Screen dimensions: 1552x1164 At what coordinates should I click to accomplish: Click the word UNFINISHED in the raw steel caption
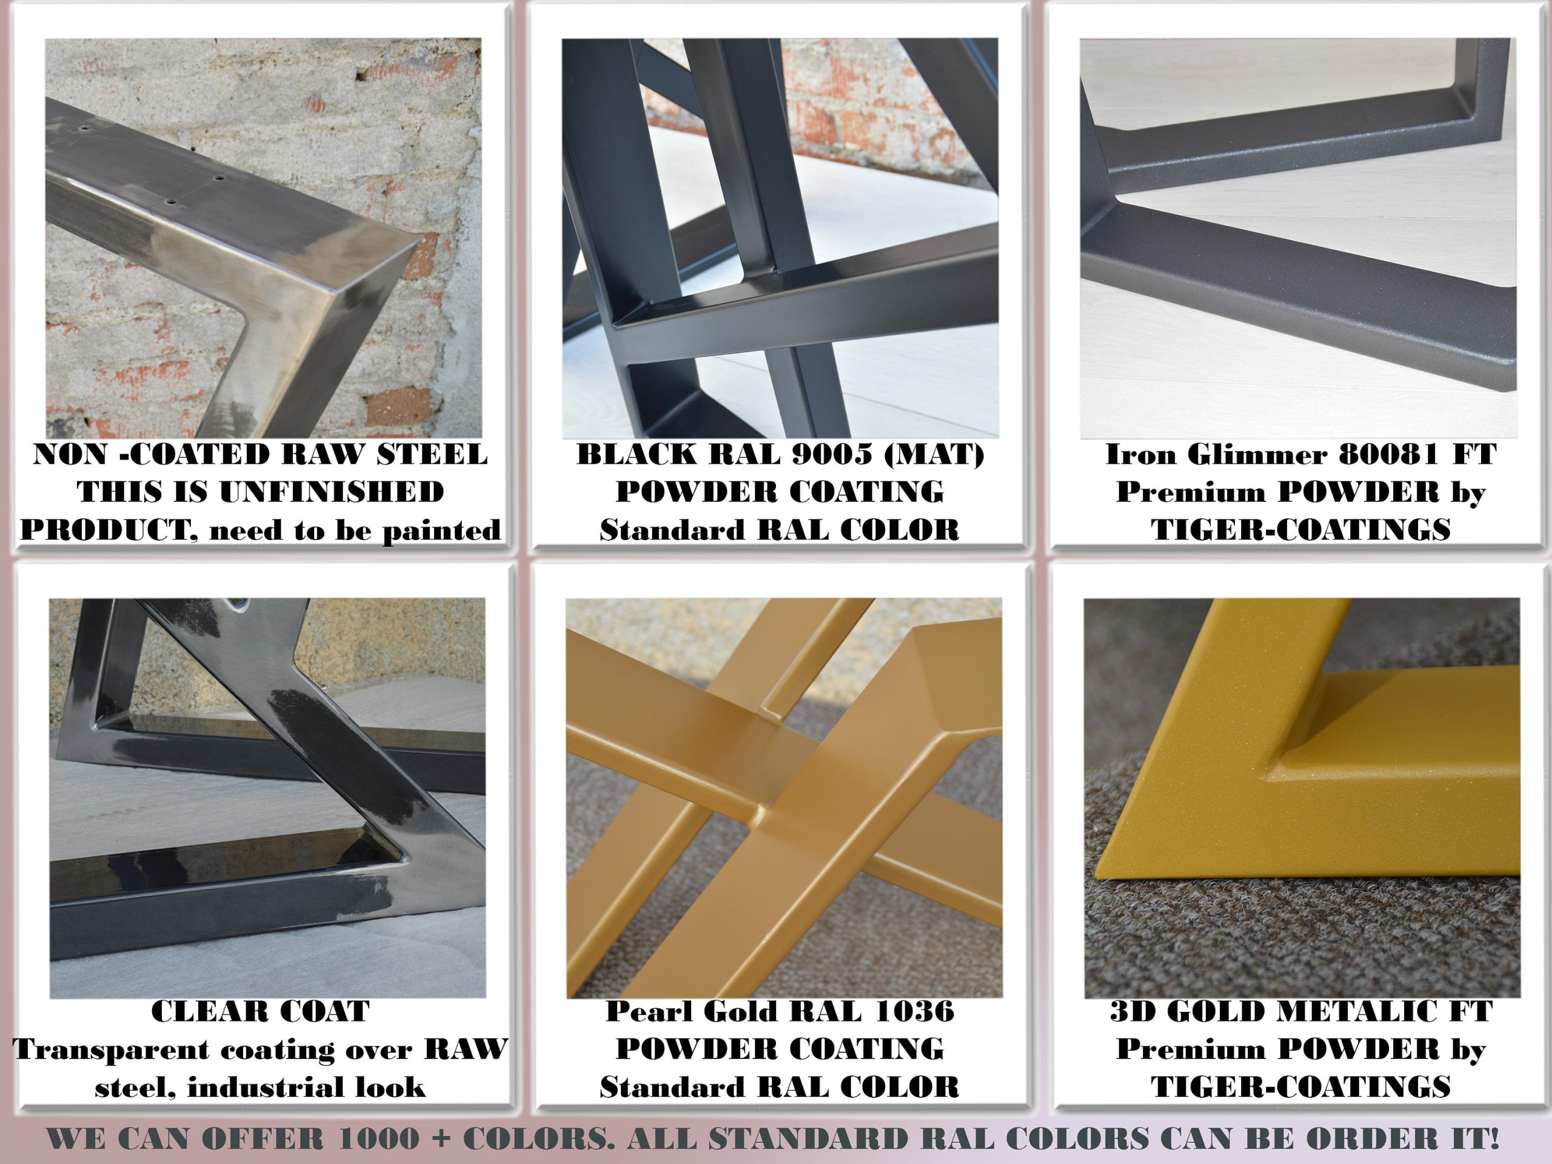(x=331, y=492)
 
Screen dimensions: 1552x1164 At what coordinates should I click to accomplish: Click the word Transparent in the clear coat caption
(x=112, y=1049)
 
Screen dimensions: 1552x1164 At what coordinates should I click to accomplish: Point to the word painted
(x=442, y=530)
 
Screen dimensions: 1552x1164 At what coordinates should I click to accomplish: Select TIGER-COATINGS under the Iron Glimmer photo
(x=1300, y=530)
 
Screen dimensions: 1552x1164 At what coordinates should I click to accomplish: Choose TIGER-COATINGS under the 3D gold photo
(x=1300, y=1088)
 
